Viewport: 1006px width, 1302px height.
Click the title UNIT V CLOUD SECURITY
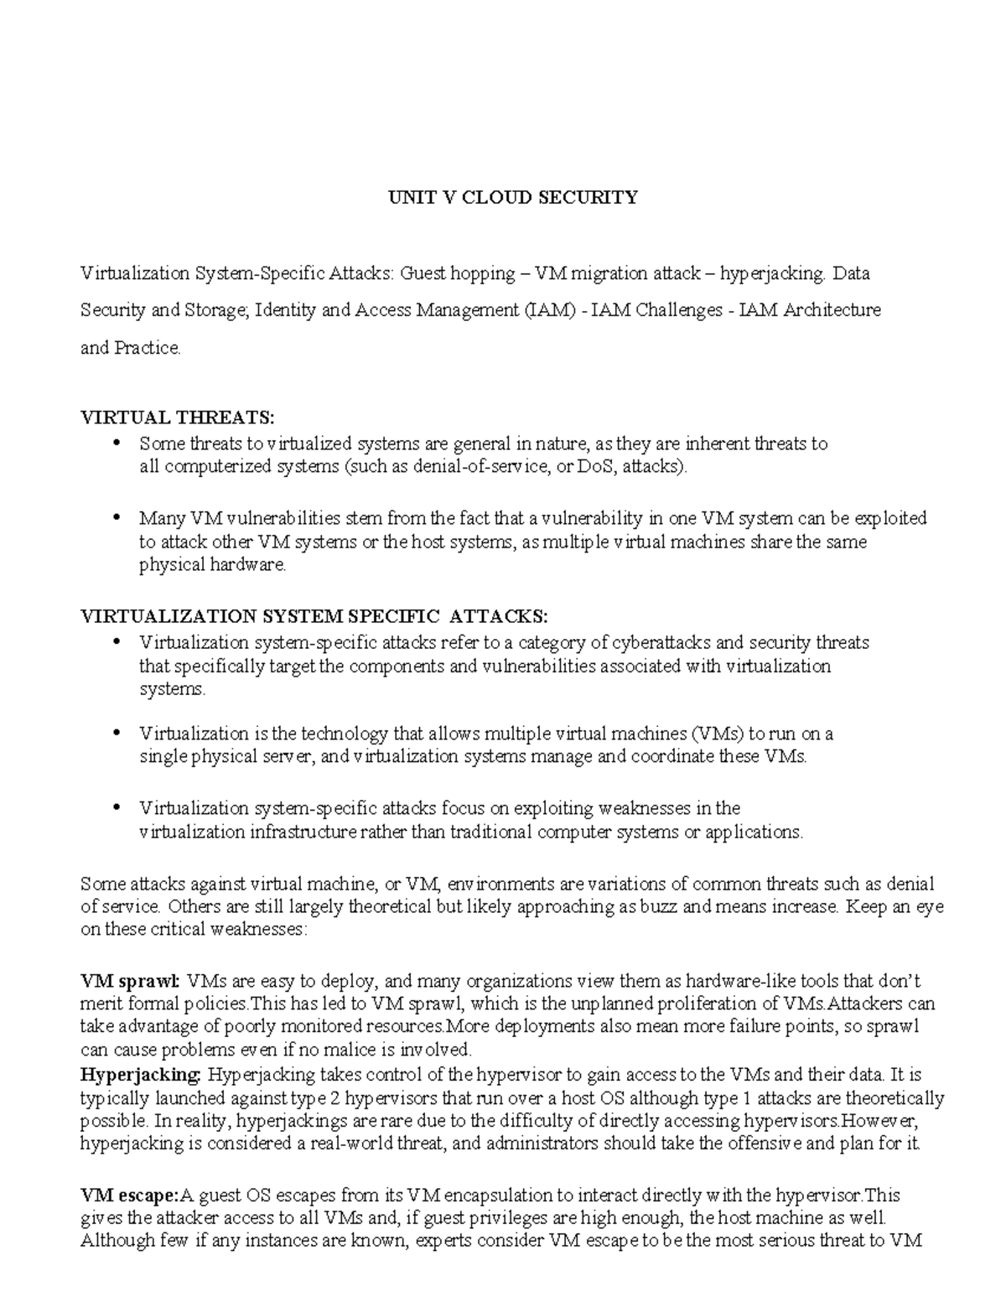tap(512, 197)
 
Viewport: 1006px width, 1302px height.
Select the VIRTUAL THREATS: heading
tap(177, 418)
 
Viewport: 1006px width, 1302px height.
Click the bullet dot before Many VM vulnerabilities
tap(117, 518)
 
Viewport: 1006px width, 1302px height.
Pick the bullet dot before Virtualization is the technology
tap(117, 734)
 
